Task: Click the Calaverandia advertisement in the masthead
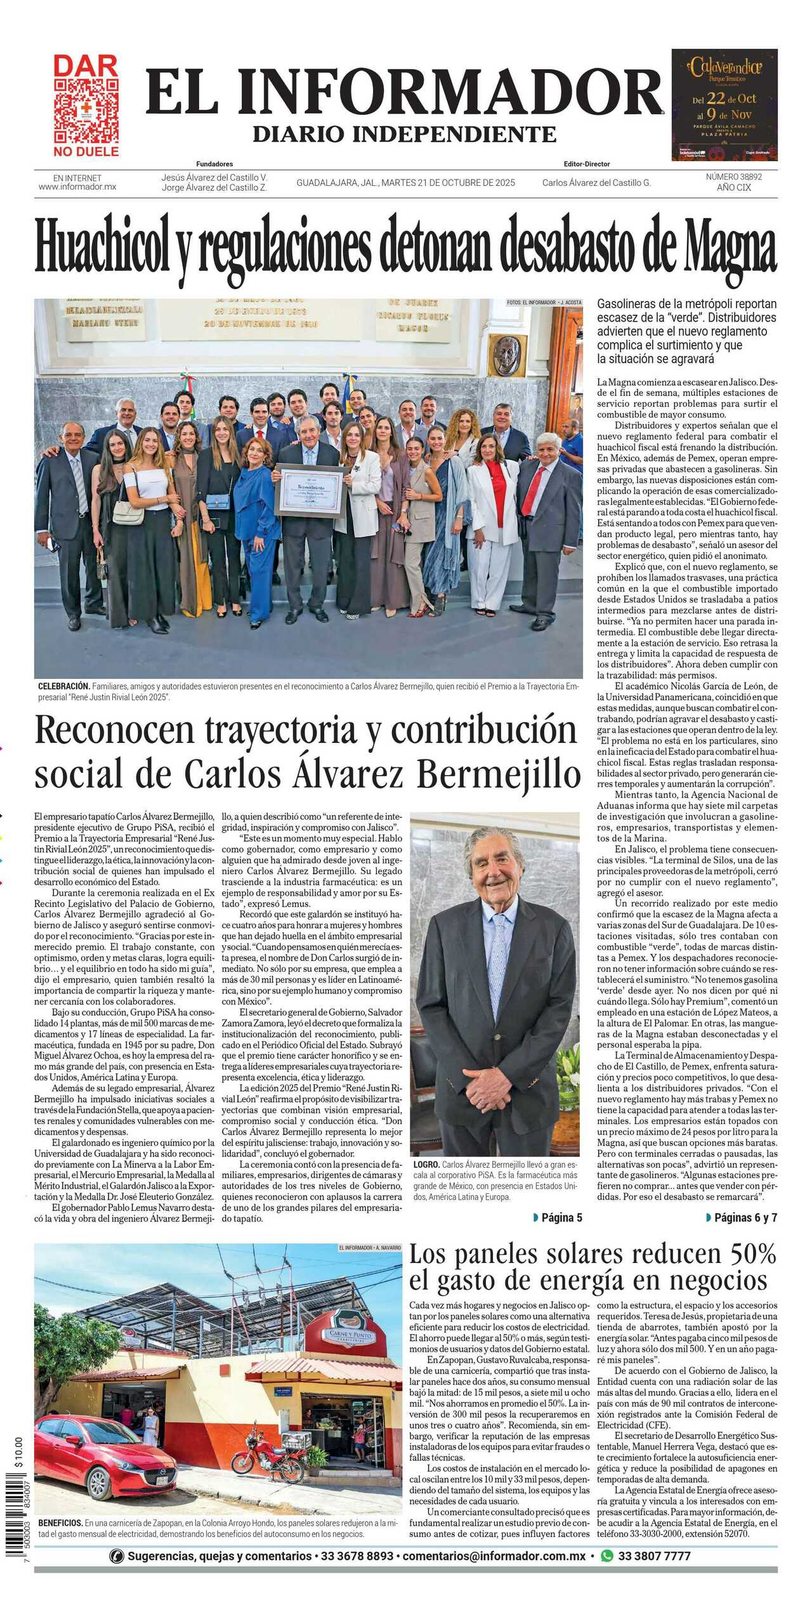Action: pyautogui.click(x=724, y=105)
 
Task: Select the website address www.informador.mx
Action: pyautogui.click(x=77, y=187)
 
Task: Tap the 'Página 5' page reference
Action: pyautogui.click(x=558, y=1217)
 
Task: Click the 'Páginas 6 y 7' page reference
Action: pyautogui.click(x=742, y=1217)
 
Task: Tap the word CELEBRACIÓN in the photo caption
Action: pyautogui.click(x=63, y=686)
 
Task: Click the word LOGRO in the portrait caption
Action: pyautogui.click(x=426, y=1165)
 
